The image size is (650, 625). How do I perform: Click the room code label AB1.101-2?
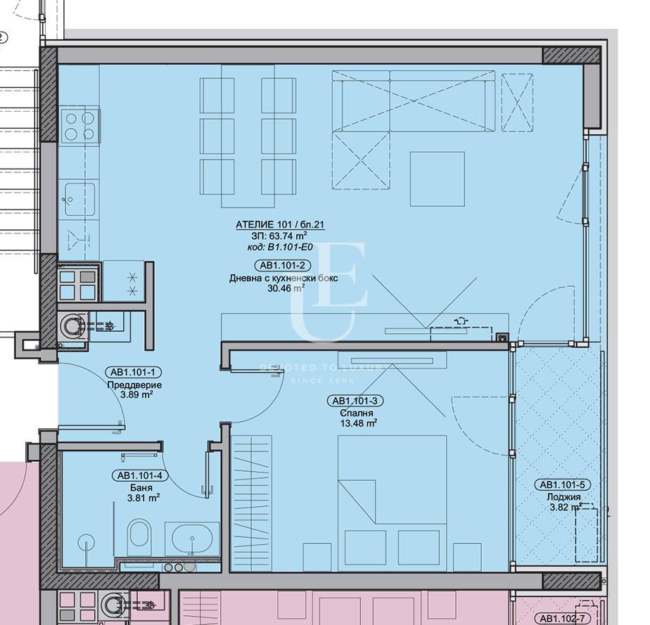(283, 265)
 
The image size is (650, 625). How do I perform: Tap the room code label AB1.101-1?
(134, 373)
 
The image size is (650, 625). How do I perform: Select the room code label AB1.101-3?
(355, 401)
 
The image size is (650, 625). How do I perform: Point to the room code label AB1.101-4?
(139, 475)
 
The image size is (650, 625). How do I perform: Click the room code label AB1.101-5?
(563, 484)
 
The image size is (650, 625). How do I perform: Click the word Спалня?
(355, 413)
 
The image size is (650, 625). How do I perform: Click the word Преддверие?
(134, 385)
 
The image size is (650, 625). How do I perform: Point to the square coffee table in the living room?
(437, 179)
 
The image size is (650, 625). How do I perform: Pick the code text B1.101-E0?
(292, 247)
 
